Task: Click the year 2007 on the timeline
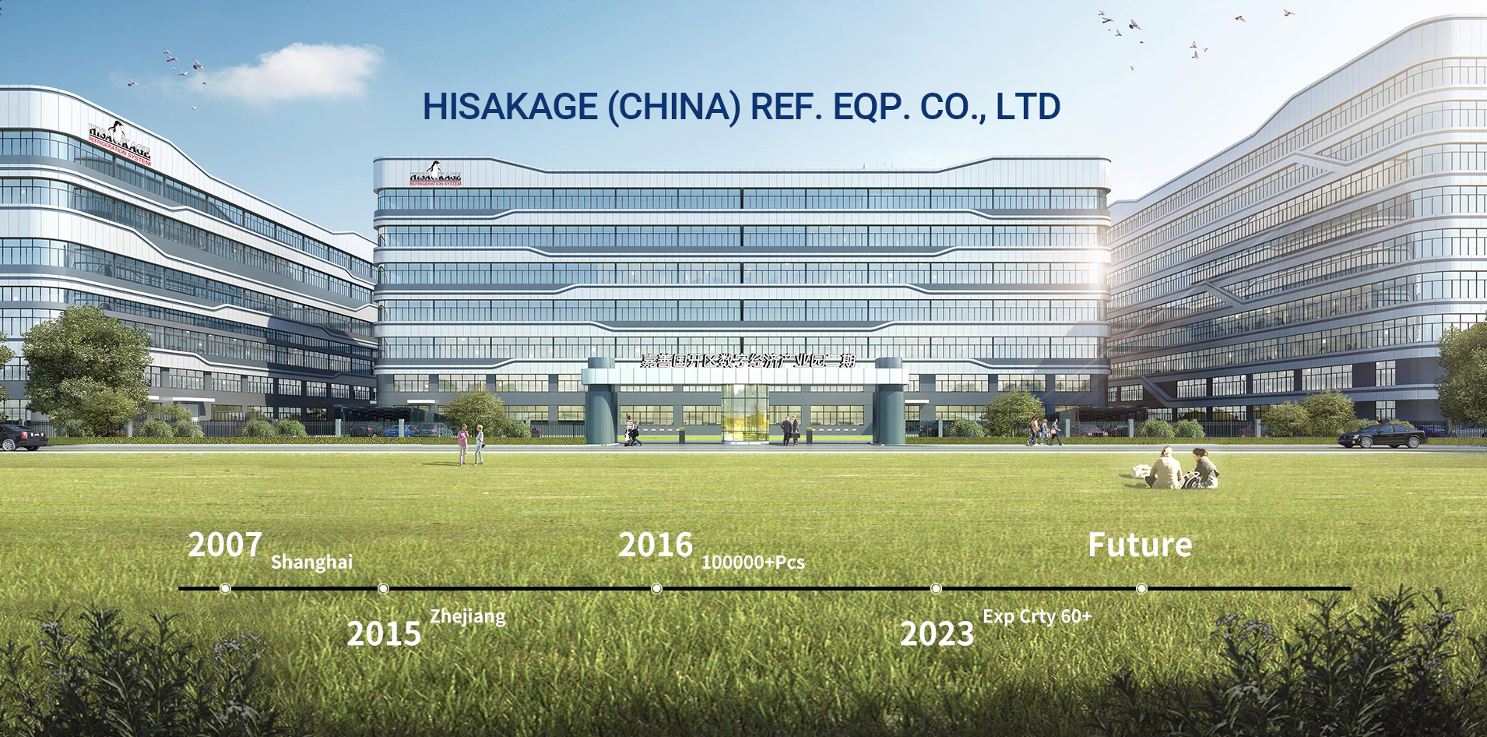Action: point(224,545)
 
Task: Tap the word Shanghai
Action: point(311,562)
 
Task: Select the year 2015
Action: point(384,634)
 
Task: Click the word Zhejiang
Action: point(467,616)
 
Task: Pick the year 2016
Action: point(655,545)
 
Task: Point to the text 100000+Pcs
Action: point(753,562)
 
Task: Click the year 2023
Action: point(937,634)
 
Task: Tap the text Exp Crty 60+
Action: point(1036,616)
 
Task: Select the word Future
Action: point(1139,545)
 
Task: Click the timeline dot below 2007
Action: point(225,588)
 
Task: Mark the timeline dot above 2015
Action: point(383,588)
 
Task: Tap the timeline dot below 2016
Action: point(656,588)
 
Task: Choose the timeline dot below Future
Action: point(1141,588)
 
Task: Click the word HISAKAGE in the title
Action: point(510,107)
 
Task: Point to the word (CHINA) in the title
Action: point(674,107)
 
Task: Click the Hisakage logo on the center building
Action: point(435,174)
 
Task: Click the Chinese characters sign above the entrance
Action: point(747,360)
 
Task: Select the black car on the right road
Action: point(1382,436)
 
